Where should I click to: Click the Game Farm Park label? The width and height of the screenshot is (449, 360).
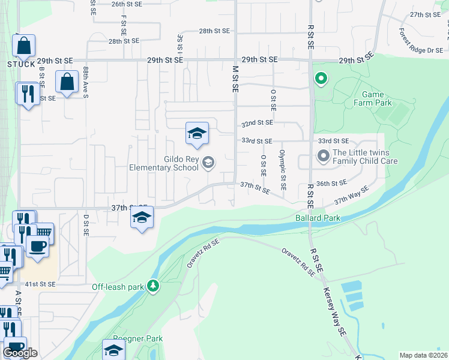(377, 99)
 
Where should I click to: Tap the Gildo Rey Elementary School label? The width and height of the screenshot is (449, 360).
(164, 163)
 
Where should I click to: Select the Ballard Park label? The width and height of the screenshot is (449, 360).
(318, 217)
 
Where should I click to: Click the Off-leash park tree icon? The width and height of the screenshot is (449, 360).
(154, 286)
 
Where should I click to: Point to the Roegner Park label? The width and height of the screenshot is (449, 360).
(138, 338)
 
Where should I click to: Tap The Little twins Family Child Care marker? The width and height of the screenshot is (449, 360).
(324, 157)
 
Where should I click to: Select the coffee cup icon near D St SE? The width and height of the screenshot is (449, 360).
(37, 246)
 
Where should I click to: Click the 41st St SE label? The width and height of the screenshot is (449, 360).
(40, 284)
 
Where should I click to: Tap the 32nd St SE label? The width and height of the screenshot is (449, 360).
(257, 123)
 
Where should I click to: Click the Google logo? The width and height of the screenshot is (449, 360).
(20, 353)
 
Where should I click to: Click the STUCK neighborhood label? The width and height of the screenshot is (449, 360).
(22, 64)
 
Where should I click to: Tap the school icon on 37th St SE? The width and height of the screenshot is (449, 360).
(142, 218)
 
